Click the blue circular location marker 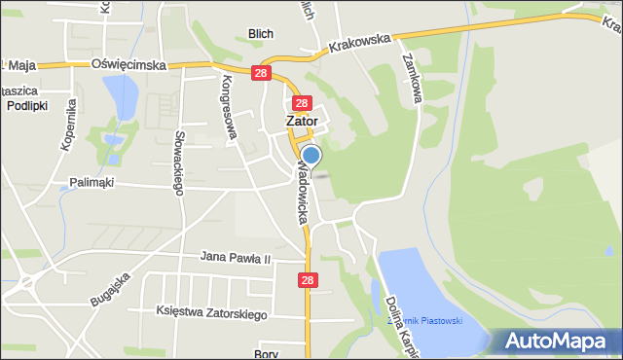(x=311, y=156)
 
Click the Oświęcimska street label (x=128, y=64)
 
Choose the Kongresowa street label (x=230, y=106)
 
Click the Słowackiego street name (x=179, y=163)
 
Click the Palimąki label (x=92, y=182)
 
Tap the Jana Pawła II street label (x=235, y=258)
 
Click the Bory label (x=266, y=353)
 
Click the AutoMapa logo (x=558, y=341)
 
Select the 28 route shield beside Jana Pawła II (x=309, y=280)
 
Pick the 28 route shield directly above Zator (x=301, y=103)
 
